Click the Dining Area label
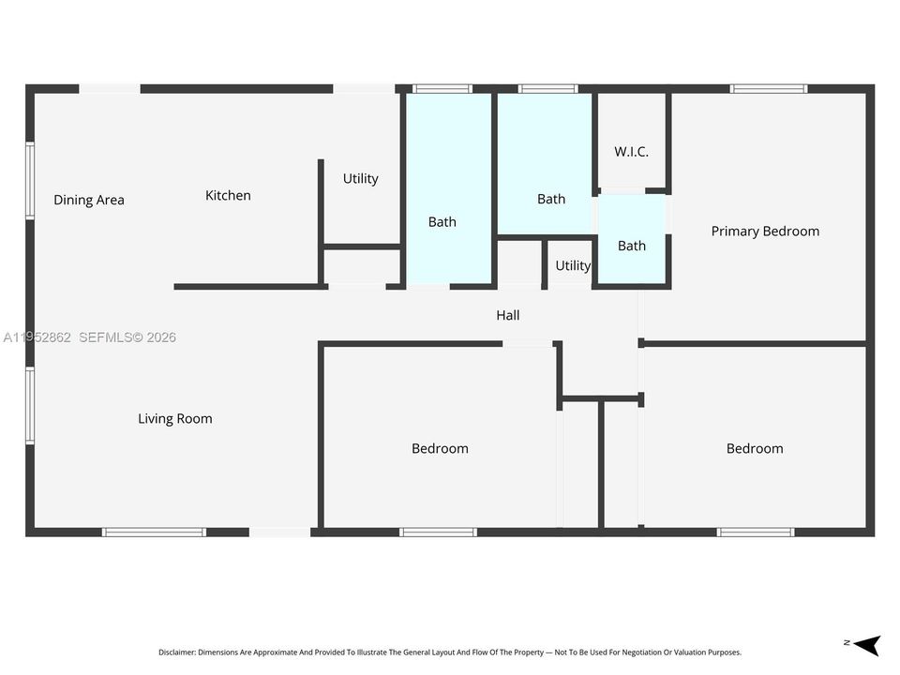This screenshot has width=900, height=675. pyautogui.click(x=89, y=200)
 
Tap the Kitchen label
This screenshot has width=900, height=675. pyautogui.click(x=228, y=195)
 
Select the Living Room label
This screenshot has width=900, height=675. pyautogui.click(x=175, y=419)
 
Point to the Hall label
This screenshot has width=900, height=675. pyautogui.click(x=508, y=315)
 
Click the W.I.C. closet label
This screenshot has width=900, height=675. pyautogui.click(x=631, y=152)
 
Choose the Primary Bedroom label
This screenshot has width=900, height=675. pyautogui.click(x=765, y=232)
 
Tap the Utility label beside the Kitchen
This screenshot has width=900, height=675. pyautogui.click(x=360, y=178)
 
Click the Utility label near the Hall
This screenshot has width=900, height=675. pyautogui.click(x=573, y=265)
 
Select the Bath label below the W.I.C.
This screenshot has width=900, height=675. pyautogui.click(x=631, y=246)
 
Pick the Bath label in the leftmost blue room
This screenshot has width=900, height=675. pyautogui.click(x=442, y=221)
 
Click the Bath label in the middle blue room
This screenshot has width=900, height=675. pyautogui.click(x=551, y=199)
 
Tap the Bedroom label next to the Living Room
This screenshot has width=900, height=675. pyautogui.click(x=440, y=448)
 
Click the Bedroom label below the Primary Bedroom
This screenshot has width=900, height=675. pyautogui.click(x=755, y=448)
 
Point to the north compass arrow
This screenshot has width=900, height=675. pyautogui.click(x=866, y=645)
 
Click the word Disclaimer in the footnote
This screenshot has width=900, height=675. pyautogui.click(x=177, y=652)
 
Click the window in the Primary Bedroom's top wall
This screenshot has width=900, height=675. pyautogui.click(x=769, y=89)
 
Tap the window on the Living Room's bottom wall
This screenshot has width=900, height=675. pyautogui.click(x=154, y=532)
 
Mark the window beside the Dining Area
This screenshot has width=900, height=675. pyautogui.click(x=30, y=181)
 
